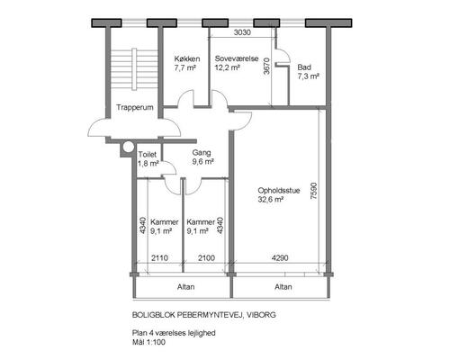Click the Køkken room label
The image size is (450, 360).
coord(187,58)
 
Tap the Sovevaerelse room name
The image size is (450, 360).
coord(237,58)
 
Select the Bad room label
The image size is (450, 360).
coord(304,67)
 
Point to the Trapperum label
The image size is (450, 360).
coord(135,107)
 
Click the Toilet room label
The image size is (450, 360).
coord(148,155)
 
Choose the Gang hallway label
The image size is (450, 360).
coord(202,153)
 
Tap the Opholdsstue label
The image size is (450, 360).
coord(279,191)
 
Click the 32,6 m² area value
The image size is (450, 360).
coord(271,200)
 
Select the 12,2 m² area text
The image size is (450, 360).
coord(227,67)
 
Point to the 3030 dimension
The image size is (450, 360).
coord(242,32)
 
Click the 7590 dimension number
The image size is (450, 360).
coord(313,191)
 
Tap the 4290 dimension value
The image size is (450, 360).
coord(280,257)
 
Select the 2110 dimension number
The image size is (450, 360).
coord(159,257)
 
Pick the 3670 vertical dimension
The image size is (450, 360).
coord(266,66)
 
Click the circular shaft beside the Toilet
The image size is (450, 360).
coord(129,147)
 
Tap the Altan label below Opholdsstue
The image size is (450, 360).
coord(283,287)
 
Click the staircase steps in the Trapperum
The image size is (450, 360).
coord(134,69)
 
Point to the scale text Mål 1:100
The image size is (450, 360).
coord(148,342)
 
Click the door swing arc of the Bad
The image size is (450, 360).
coord(286,53)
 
